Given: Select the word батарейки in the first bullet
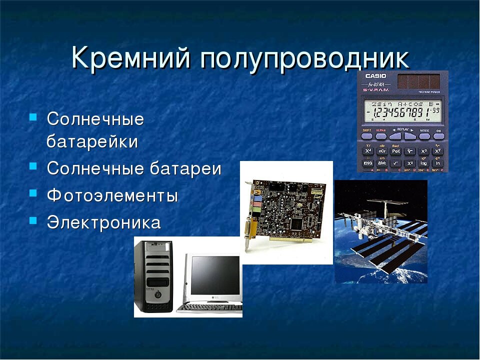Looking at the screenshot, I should (92, 141).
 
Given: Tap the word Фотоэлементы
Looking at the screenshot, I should (112, 195).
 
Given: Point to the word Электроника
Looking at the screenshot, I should (104, 222).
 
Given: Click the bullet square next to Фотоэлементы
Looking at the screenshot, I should (33, 193).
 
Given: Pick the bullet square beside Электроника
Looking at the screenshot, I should (33, 220).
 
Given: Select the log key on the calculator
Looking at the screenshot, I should (423, 163).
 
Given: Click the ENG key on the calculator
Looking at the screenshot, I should (368, 163).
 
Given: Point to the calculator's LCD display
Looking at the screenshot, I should (402, 110).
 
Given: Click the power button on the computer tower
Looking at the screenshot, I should (158, 294).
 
